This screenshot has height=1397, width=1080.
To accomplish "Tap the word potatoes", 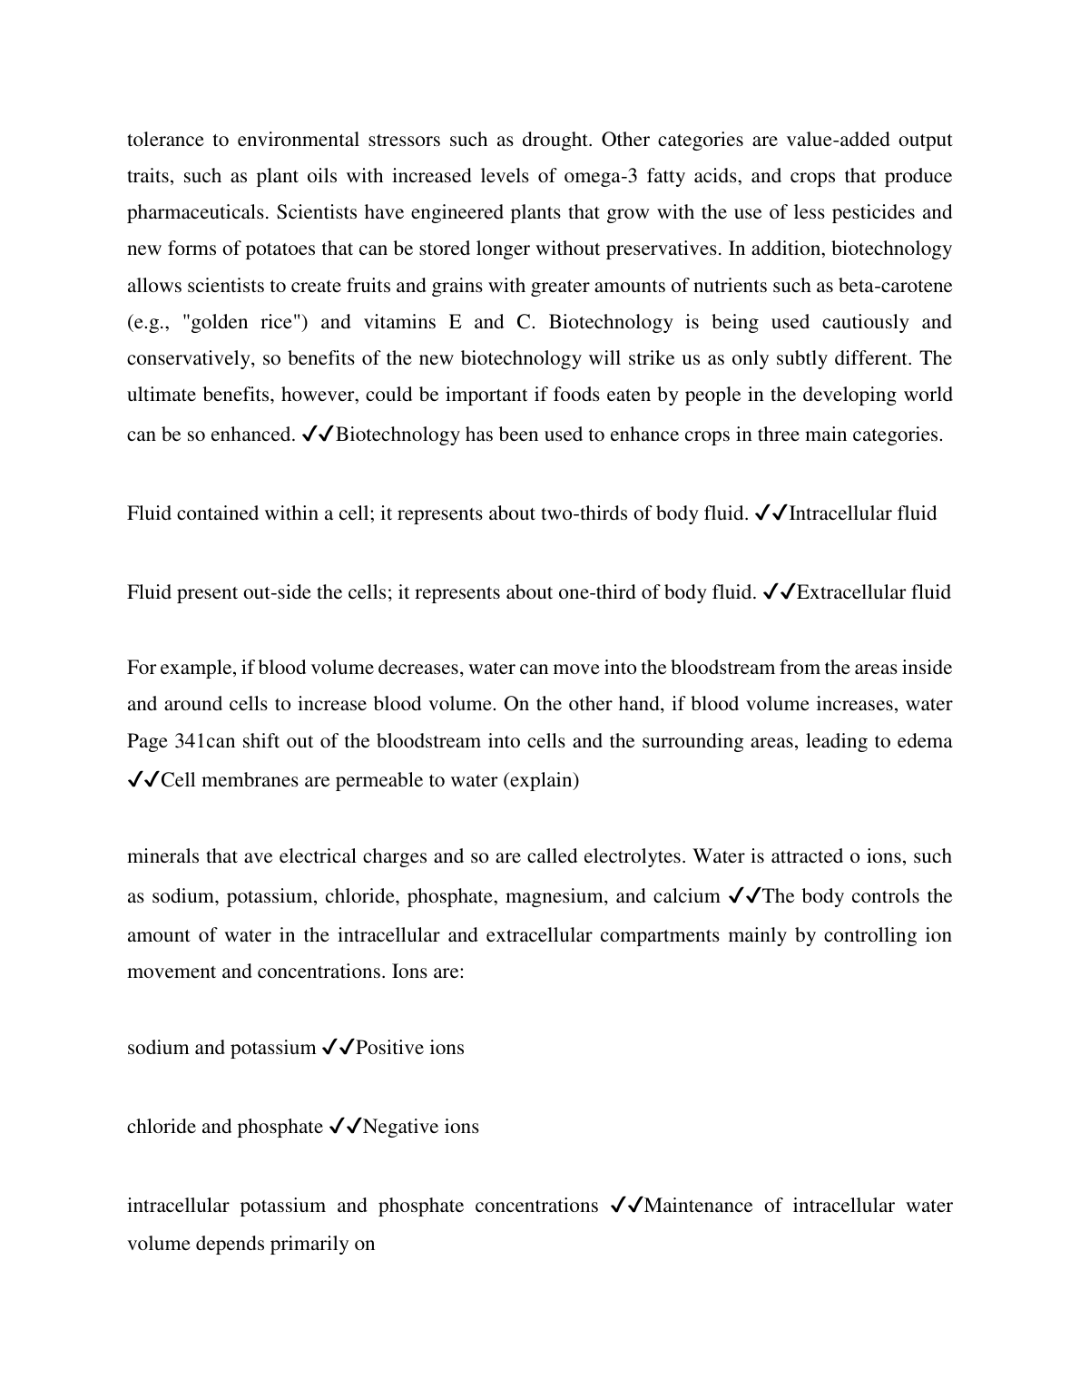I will tap(225, 249).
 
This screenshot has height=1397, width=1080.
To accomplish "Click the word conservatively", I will tap(191, 358).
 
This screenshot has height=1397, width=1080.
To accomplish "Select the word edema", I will tap(926, 741).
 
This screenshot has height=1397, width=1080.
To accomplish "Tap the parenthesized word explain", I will tap(541, 780).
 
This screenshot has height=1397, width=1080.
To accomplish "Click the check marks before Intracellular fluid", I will tap(771, 513).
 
